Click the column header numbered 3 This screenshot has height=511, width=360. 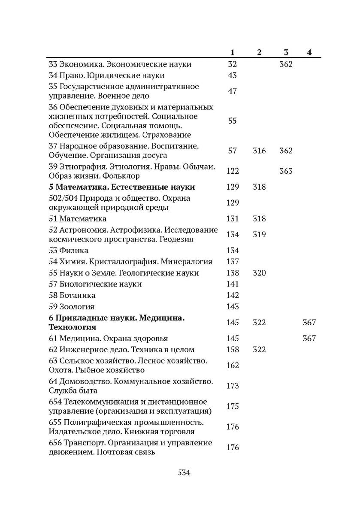click(x=286, y=53)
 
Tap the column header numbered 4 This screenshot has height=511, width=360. click(x=309, y=53)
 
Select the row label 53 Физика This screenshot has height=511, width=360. click(x=69, y=250)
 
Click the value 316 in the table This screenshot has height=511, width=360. click(x=259, y=151)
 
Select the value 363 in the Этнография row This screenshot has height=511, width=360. click(x=286, y=171)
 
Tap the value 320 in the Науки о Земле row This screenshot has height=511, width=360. click(x=259, y=273)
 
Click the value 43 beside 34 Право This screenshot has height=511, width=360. click(x=232, y=76)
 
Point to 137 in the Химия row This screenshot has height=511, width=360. click(x=232, y=262)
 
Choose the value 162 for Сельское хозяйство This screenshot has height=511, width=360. click(x=232, y=365)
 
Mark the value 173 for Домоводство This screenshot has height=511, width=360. click(x=232, y=386)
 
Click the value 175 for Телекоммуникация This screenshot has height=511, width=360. click(x=232, y=406)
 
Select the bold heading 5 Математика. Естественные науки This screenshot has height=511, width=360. click(x=122, y=187)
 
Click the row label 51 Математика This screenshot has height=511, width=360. click(x=78, y=219)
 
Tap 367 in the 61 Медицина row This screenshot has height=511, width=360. click(x=309, y=338)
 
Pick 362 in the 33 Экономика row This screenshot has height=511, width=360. click(x=286, y=64)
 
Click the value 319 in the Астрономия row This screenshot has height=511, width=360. click(x=259, y=235)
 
